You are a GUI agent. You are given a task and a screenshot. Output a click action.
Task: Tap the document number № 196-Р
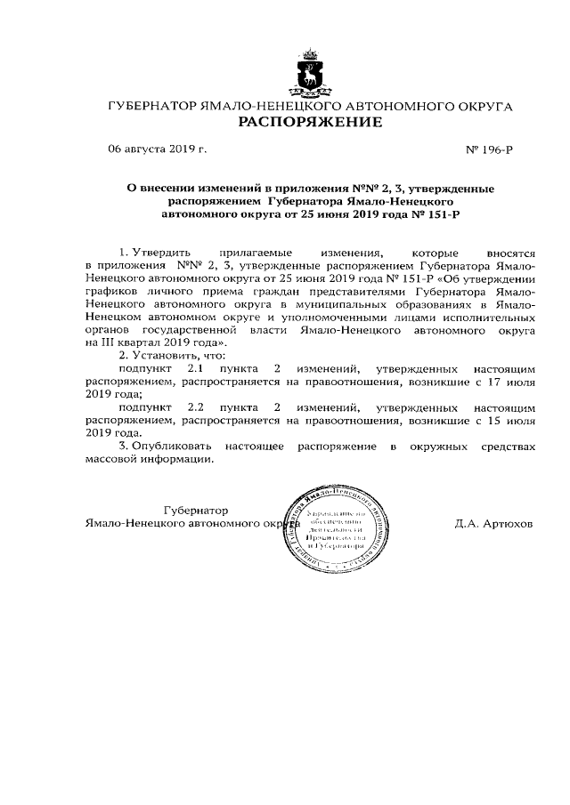(489, 149)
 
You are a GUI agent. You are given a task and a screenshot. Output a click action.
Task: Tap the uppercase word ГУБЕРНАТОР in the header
(155, 106)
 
